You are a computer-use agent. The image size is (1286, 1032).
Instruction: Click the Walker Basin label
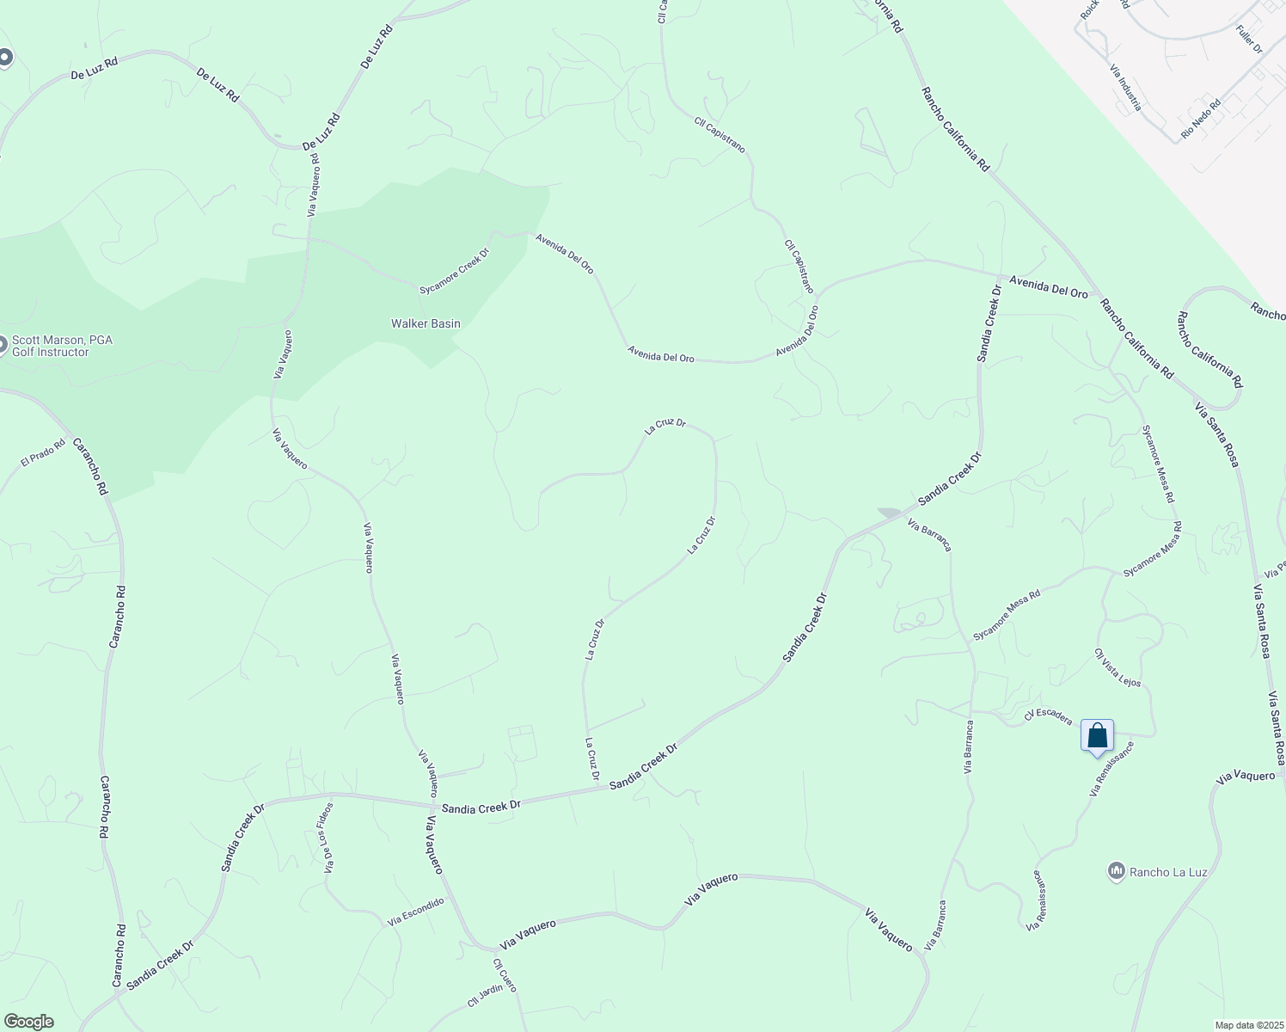tap(426, 324)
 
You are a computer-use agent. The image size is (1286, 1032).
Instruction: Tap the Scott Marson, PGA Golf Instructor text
tap(62, 346)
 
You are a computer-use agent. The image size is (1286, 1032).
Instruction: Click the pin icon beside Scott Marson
tap(3, 346)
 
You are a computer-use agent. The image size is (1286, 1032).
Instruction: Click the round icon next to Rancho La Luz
tap(1117, 872)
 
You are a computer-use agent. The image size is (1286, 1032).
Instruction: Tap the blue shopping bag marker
tap(1097, 737)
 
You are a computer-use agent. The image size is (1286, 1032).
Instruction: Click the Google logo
tap(28, 1022)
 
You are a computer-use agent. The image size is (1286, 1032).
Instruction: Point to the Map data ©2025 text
tap(1248, 1025)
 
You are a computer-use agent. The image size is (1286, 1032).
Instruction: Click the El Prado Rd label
tap(43, 454)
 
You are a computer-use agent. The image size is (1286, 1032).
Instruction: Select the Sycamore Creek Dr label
tap(454, 271)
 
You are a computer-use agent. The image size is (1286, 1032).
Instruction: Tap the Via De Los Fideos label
tap(327, 838)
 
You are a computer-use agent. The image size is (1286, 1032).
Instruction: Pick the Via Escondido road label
tap(416, 912)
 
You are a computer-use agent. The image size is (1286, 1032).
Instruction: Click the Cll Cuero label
tap(505, 975)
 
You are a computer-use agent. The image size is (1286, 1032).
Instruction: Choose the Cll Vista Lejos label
tap(1118, 667)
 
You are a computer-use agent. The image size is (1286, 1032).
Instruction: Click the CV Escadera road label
tap(1048, 716)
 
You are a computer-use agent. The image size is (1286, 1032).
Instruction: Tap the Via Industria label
tap(1125, 88)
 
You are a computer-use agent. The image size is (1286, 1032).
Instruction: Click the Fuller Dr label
tap(1249, 40)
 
